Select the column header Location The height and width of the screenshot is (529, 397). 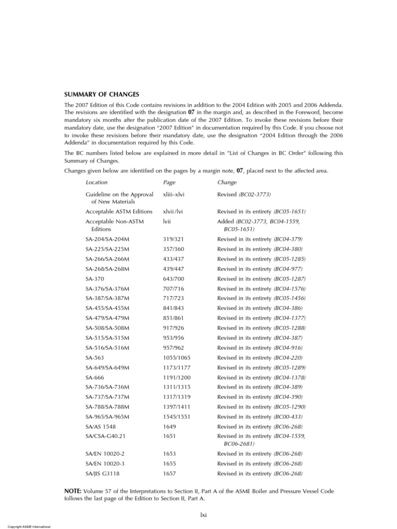97,182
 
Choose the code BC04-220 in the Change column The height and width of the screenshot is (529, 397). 288,357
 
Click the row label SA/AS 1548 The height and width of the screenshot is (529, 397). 101,426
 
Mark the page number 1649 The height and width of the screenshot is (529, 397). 170,426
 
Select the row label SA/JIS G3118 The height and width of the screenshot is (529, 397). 102,473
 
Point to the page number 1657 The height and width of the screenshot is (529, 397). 170,473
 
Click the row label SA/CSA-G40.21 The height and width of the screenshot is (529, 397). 105,436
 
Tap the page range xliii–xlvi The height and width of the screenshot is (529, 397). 174,194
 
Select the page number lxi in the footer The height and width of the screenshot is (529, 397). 204,515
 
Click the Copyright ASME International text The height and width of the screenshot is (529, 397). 25,526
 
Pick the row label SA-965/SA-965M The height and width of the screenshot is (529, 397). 108,416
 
